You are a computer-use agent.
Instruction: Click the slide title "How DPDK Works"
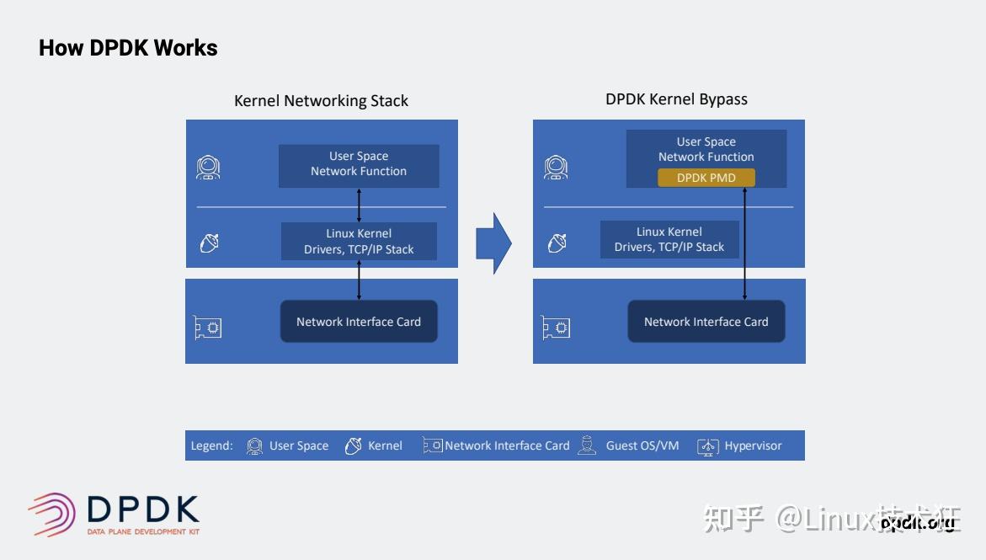(128, 48)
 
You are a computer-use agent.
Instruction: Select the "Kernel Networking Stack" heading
(321, 101)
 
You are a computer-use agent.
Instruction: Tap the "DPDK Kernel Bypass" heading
(676, 99)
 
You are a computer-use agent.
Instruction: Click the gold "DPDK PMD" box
(706, 178)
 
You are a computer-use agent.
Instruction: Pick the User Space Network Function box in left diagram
(359, 165)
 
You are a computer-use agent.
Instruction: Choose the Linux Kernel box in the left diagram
(359, 241)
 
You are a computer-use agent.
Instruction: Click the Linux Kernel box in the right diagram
(669, 239)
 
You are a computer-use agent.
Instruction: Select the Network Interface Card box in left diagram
(359, 322)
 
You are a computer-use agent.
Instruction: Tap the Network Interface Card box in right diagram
(706, 322)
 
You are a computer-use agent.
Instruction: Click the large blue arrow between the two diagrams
(493, 243)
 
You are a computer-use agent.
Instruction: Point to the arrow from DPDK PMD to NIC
(744, 244)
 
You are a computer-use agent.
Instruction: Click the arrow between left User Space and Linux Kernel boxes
(360, 205)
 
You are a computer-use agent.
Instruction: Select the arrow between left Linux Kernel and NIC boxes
(360, 280)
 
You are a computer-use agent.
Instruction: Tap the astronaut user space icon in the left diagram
(208, 167)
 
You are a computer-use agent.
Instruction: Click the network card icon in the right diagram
(556, 327)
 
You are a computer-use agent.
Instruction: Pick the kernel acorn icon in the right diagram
(557, 243)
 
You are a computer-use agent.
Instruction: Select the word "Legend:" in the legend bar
(211, 445)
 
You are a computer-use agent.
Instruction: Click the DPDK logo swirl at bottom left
(53, 514)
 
